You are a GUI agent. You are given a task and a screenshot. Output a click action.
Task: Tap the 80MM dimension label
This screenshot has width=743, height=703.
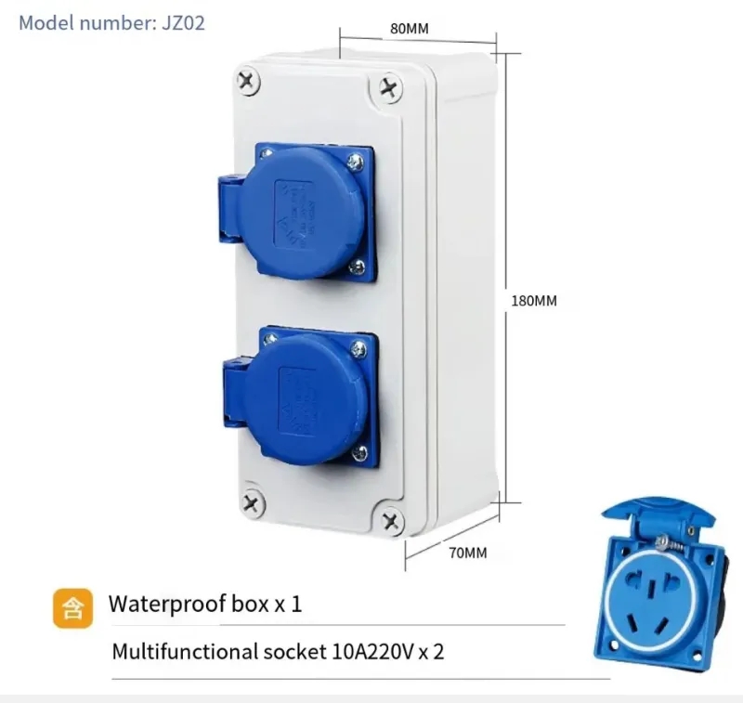pyautogui.click(x=409, y=28)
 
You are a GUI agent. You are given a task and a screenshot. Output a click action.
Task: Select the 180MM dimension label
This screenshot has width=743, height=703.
pyautogui.click(x=534, y=301)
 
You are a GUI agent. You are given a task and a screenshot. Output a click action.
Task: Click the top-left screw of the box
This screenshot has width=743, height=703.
pyautogui.click(x=247, y=81)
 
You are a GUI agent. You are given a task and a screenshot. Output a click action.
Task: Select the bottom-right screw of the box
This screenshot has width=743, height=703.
pyautogui.click(x=389, y=520)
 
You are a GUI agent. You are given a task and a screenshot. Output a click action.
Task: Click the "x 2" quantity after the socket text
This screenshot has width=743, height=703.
pyautogui.click(x=432, y=651)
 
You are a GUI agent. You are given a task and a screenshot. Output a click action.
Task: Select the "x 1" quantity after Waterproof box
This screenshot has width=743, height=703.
pyautogui.click(x=287, y=605)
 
